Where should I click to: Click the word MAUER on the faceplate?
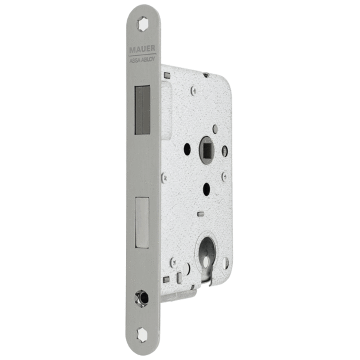(142, 49)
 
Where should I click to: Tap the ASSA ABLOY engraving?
(142, 59)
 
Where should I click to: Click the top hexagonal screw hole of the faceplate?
(143, 24)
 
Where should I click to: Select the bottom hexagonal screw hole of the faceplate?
(142, 335)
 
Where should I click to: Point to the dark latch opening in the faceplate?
(142, 110)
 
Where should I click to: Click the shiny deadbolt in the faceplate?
(142, 222)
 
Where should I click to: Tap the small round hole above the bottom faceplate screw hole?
(142, 298)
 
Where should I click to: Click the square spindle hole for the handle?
(208, 151)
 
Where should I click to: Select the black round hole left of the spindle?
(187, 149)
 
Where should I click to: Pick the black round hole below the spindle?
(207, 189)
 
